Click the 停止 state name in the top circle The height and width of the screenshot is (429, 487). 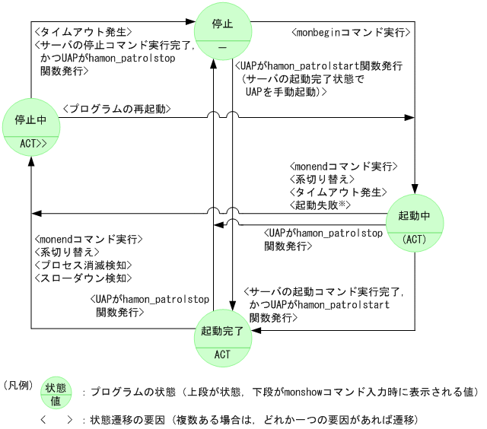tap(224, 25)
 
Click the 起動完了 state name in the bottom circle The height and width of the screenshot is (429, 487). tap(222, 332)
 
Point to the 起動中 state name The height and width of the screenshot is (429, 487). tap(415, 216)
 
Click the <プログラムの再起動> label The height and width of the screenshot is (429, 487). tap(116, 110)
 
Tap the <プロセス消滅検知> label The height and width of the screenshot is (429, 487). tap(84, 265)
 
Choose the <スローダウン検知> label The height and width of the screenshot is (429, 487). tap(84, 278)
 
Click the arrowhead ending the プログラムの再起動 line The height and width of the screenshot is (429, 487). tap(410, 117)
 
